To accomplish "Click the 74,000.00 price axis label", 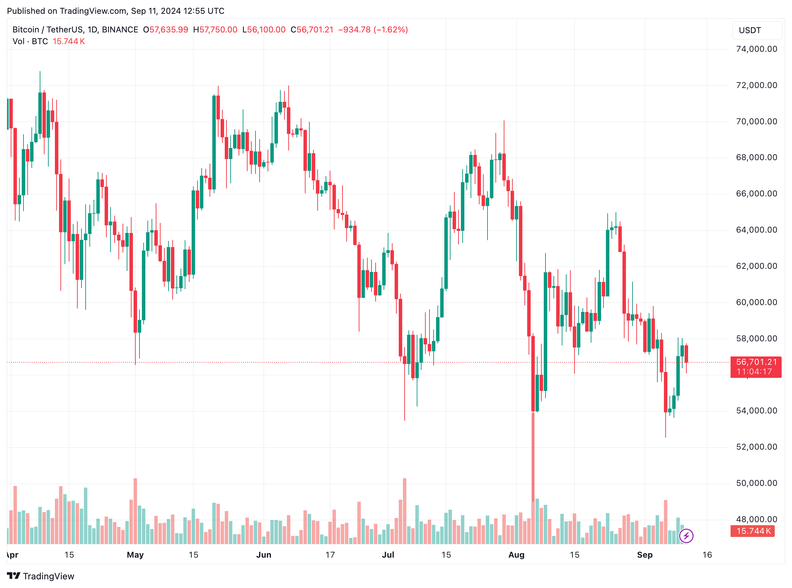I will click(756, 49).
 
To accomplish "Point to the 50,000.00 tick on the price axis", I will click(756, 483).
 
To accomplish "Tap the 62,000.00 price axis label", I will click(756, 266).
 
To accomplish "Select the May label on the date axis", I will click(135, 555).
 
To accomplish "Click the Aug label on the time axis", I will click(516, 555).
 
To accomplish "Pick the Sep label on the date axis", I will click(644, 555).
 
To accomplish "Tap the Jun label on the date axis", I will click(263, 555).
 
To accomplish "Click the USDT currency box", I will click(757, 30).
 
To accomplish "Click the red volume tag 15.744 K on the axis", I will click(752, 531).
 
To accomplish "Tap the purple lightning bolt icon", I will click(686, 536).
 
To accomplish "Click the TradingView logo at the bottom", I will click(41, 576).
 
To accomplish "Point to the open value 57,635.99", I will click(168, 30).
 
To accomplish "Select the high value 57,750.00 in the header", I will click(218, 30).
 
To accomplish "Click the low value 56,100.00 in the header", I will click(267, 30).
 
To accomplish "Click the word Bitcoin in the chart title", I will click(26, 30).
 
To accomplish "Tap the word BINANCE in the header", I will click(120, 30).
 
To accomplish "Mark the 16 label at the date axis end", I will click(707, 555).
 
